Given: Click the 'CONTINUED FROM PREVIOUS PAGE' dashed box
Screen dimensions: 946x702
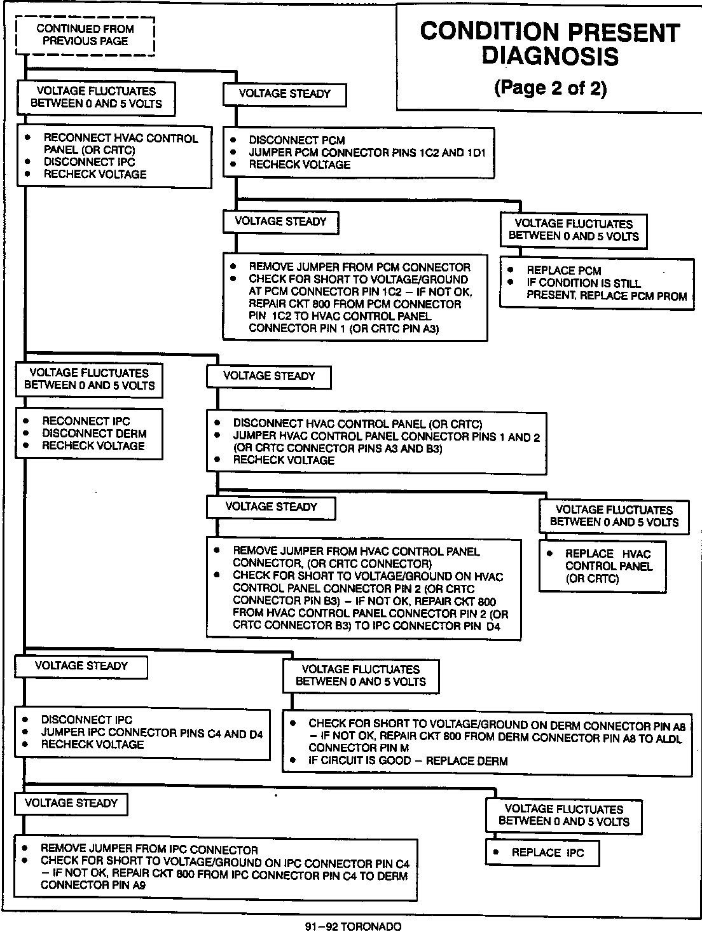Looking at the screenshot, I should point(85,36).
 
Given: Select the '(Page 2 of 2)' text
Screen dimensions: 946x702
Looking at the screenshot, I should point(550,88).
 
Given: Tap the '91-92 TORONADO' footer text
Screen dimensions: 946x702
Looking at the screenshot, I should point(353,927).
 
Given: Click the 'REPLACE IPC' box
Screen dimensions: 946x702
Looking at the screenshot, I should point(542,853).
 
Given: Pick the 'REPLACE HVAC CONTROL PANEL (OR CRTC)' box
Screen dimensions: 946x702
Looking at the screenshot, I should point(602,566).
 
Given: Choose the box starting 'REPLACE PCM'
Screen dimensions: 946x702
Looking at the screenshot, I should point(596,283).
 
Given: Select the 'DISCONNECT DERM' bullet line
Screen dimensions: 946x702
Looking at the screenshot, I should point(94,434).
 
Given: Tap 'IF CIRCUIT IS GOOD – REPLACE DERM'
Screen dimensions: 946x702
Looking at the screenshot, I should point(408,760).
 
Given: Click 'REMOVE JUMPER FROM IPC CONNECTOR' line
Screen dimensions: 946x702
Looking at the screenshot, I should point(149,849).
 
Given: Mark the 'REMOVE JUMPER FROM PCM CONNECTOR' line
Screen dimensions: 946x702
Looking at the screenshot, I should point(359,267).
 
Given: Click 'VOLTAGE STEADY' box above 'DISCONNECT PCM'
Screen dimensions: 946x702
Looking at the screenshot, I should point(285,94).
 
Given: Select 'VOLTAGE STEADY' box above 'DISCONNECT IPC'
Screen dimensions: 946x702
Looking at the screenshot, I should point(81,666).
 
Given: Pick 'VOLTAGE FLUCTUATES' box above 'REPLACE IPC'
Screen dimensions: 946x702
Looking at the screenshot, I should point(563,815).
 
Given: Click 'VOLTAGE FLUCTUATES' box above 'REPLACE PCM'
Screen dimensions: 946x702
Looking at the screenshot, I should point(574,230).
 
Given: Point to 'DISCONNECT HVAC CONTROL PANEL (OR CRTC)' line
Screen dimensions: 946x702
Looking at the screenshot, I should point(357,423).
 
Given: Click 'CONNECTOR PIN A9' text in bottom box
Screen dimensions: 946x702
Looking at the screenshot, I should point(93,884).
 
